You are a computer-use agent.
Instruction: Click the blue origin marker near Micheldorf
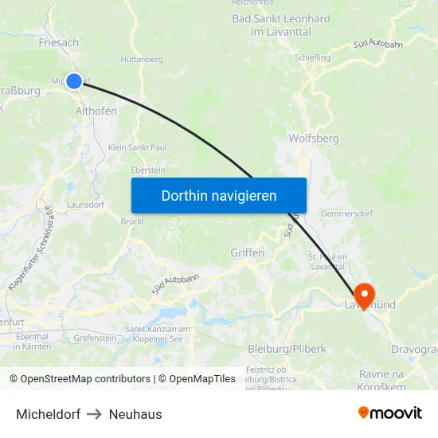[74, 80]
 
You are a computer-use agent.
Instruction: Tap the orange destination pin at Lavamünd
[366, 294]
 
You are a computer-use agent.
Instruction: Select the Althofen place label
[96, 111]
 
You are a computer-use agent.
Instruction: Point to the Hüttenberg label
[142, 60]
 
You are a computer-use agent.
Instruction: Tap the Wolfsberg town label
[314, 139]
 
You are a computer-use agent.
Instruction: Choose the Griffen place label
[247, 252]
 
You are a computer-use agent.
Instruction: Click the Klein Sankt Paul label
[137, 147]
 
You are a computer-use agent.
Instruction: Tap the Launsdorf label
[85, 205]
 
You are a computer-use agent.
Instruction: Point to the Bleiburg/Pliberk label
[287, 349]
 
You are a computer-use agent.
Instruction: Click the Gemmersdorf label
[346, 213]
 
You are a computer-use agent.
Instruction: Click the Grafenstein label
[95, 338]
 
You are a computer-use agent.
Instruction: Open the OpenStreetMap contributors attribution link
[84, 379]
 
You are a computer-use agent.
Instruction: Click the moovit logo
[390, 413]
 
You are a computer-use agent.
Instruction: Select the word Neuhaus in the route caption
[135, 414]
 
